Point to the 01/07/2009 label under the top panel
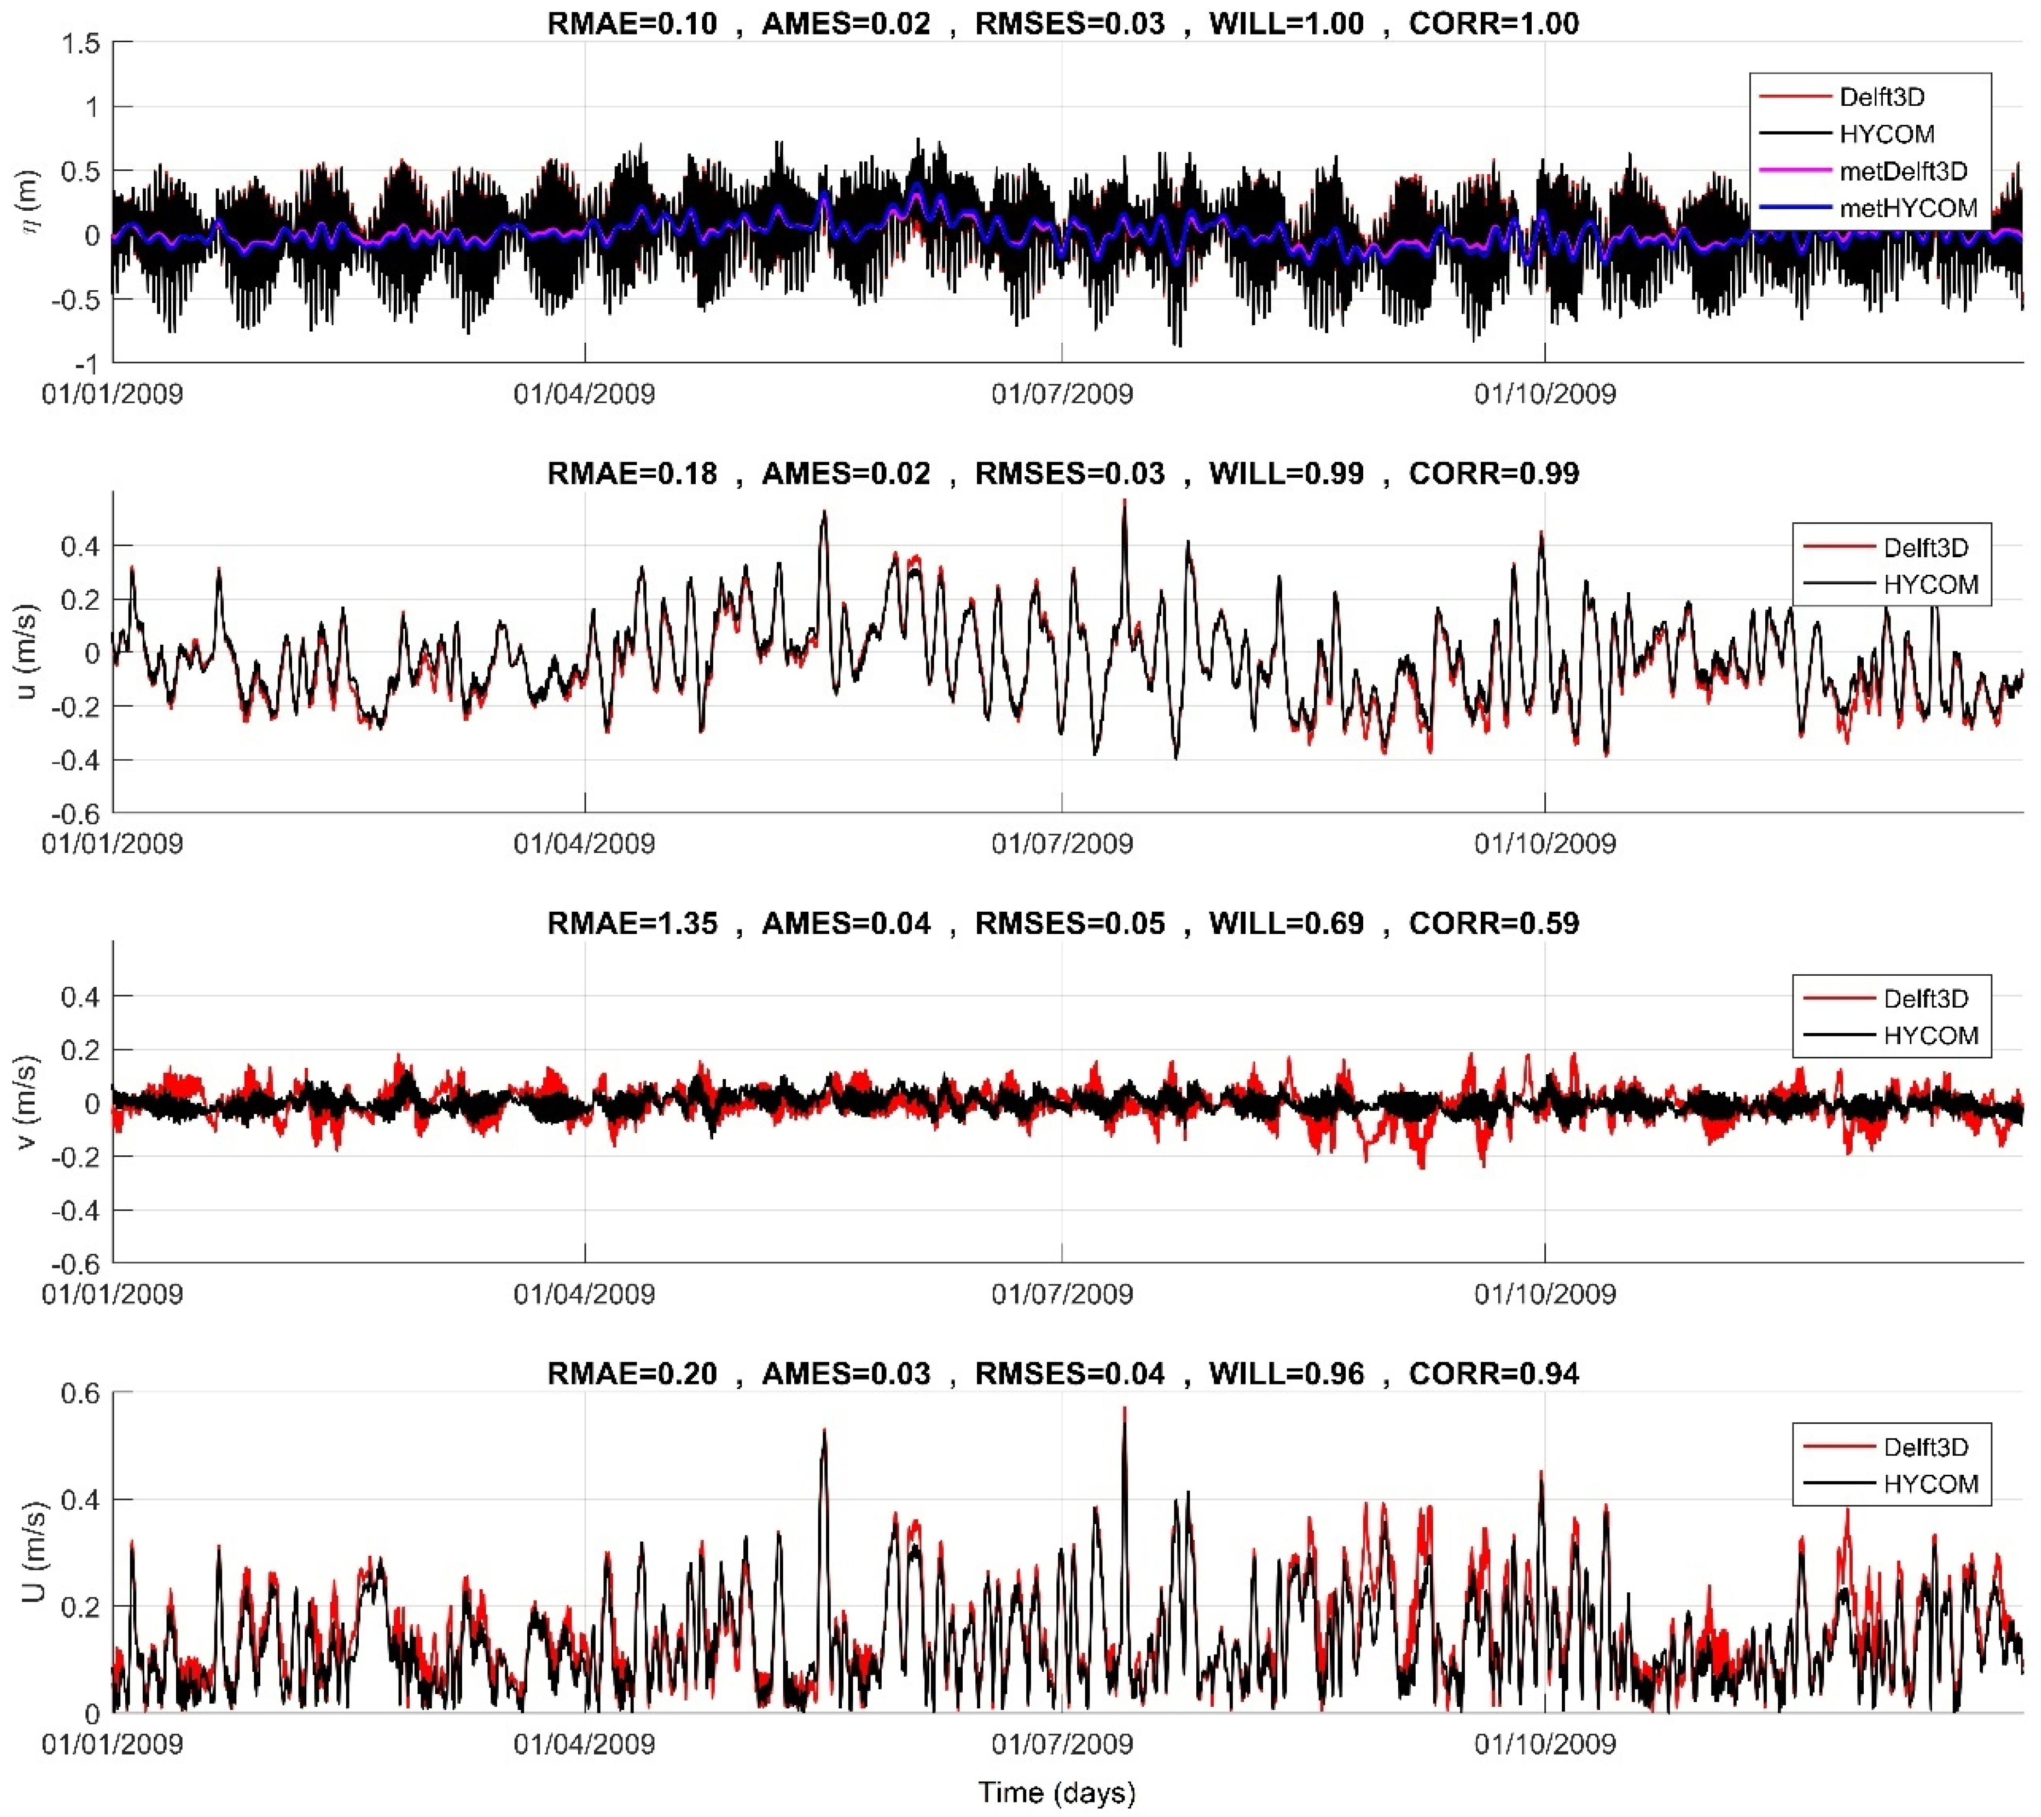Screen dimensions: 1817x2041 1061,393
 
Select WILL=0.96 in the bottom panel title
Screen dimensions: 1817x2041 1286,1373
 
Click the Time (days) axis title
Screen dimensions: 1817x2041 1056,1792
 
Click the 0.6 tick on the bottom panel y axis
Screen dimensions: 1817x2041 80,1393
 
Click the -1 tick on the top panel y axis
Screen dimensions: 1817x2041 90,364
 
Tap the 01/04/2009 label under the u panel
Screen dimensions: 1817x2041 584,844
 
